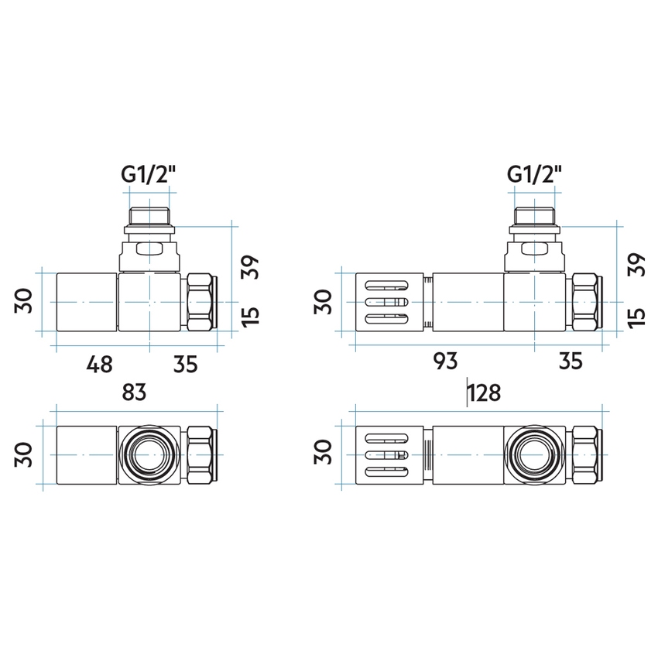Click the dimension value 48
click(x=99, y=362)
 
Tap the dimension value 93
click(x=445, y=361)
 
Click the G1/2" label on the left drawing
click(x=149, y=175)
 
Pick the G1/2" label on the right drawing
click(x=534, y=175)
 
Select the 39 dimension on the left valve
click(x=250, y=267)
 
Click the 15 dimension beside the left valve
click(x=250, y=316)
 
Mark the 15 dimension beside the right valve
click(x=635, y=316)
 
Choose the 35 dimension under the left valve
click(x=184, y=362)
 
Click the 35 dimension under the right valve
click(x=570, y=361)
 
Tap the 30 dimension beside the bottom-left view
click(x=24, y=455)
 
